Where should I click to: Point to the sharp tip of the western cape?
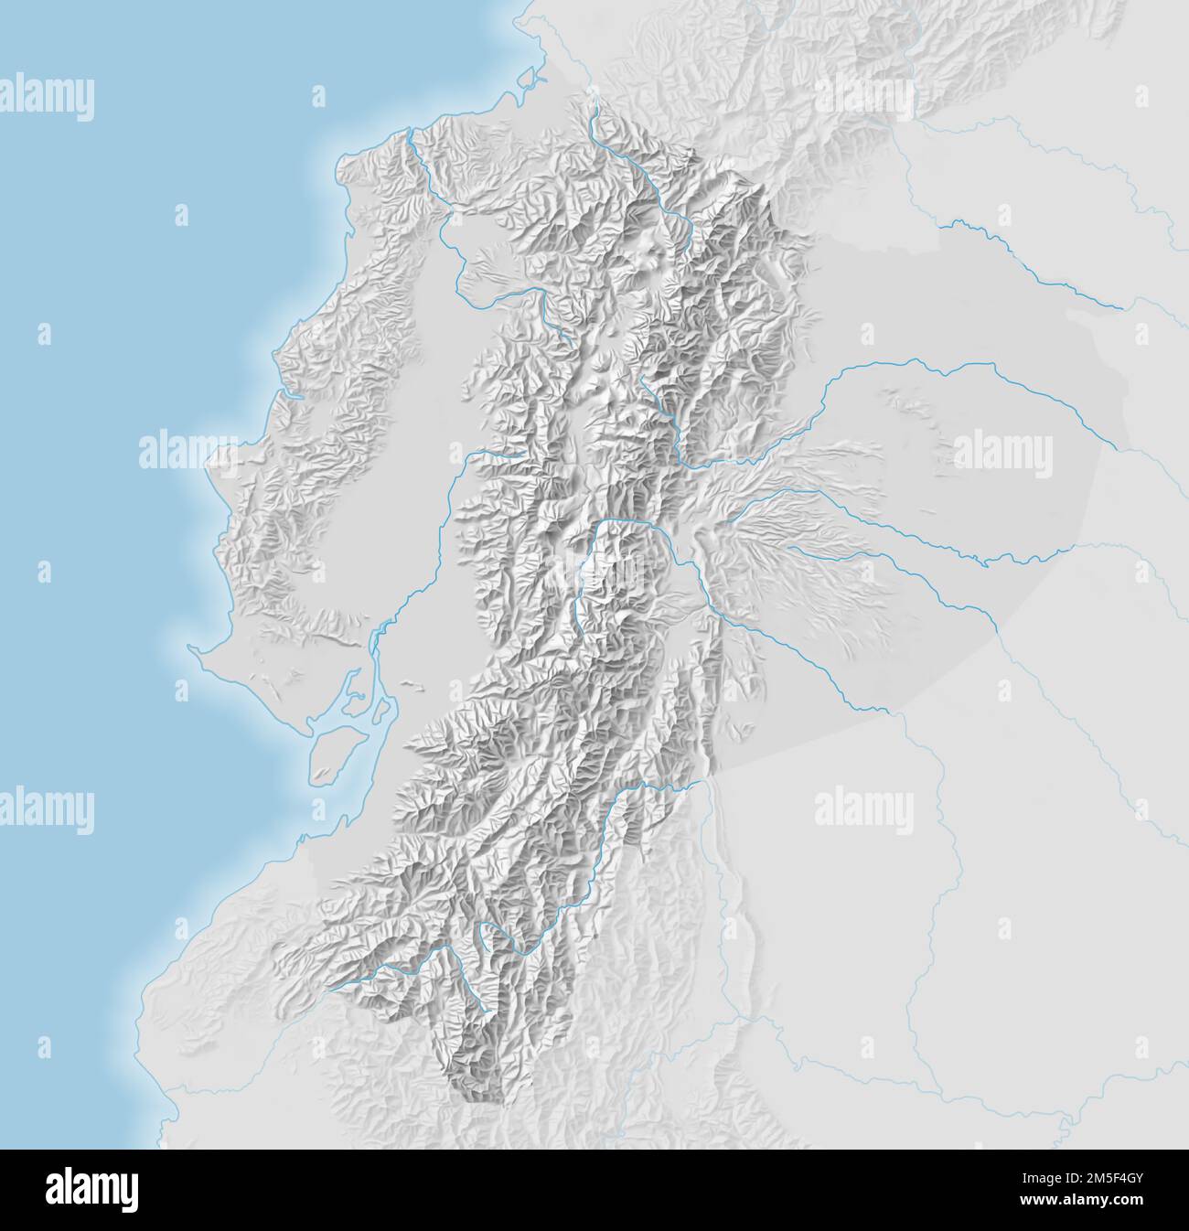(190, 648)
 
